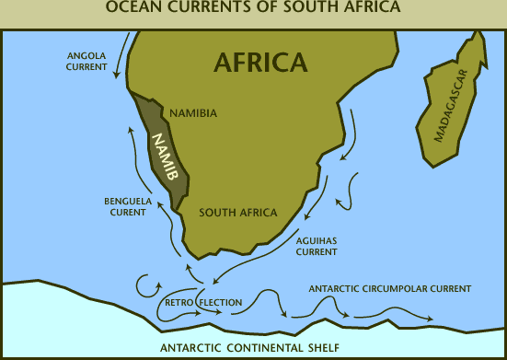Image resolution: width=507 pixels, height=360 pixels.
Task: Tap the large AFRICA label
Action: (259, 62)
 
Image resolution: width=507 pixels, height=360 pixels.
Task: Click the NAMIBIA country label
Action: (193, 113)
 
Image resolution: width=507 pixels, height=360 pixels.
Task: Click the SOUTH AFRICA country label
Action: (238, 213)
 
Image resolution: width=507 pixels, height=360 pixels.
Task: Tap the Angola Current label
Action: (87, 61)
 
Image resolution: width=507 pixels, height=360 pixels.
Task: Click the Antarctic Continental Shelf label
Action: (249, 347)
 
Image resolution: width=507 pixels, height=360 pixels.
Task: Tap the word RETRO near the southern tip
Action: (178, 302)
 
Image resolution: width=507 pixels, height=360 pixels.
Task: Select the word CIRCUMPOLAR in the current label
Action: (398, 288)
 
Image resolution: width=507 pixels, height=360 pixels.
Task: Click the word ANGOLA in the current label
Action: (87, 54)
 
